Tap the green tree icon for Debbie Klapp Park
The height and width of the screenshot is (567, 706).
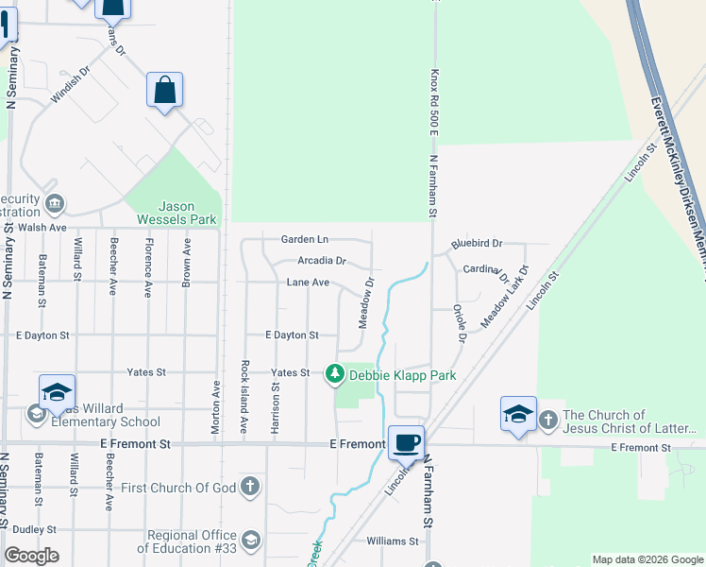point(335,375)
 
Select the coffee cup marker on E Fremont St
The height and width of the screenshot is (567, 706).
point(406,442)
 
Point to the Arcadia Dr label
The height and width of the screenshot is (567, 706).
point(322,260)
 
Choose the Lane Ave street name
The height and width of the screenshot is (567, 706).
point(308,283)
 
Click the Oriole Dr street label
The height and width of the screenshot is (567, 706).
point(460,322)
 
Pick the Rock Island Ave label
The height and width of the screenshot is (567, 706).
point(244,397)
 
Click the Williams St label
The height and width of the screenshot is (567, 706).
point(392,541)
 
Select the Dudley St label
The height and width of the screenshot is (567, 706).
point(36,530)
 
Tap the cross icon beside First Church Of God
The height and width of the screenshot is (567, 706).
point(249,488)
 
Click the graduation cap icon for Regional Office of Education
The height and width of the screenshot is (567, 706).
point(251,541)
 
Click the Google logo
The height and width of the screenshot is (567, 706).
point(31,556)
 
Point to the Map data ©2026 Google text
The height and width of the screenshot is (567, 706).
point(647,559)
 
